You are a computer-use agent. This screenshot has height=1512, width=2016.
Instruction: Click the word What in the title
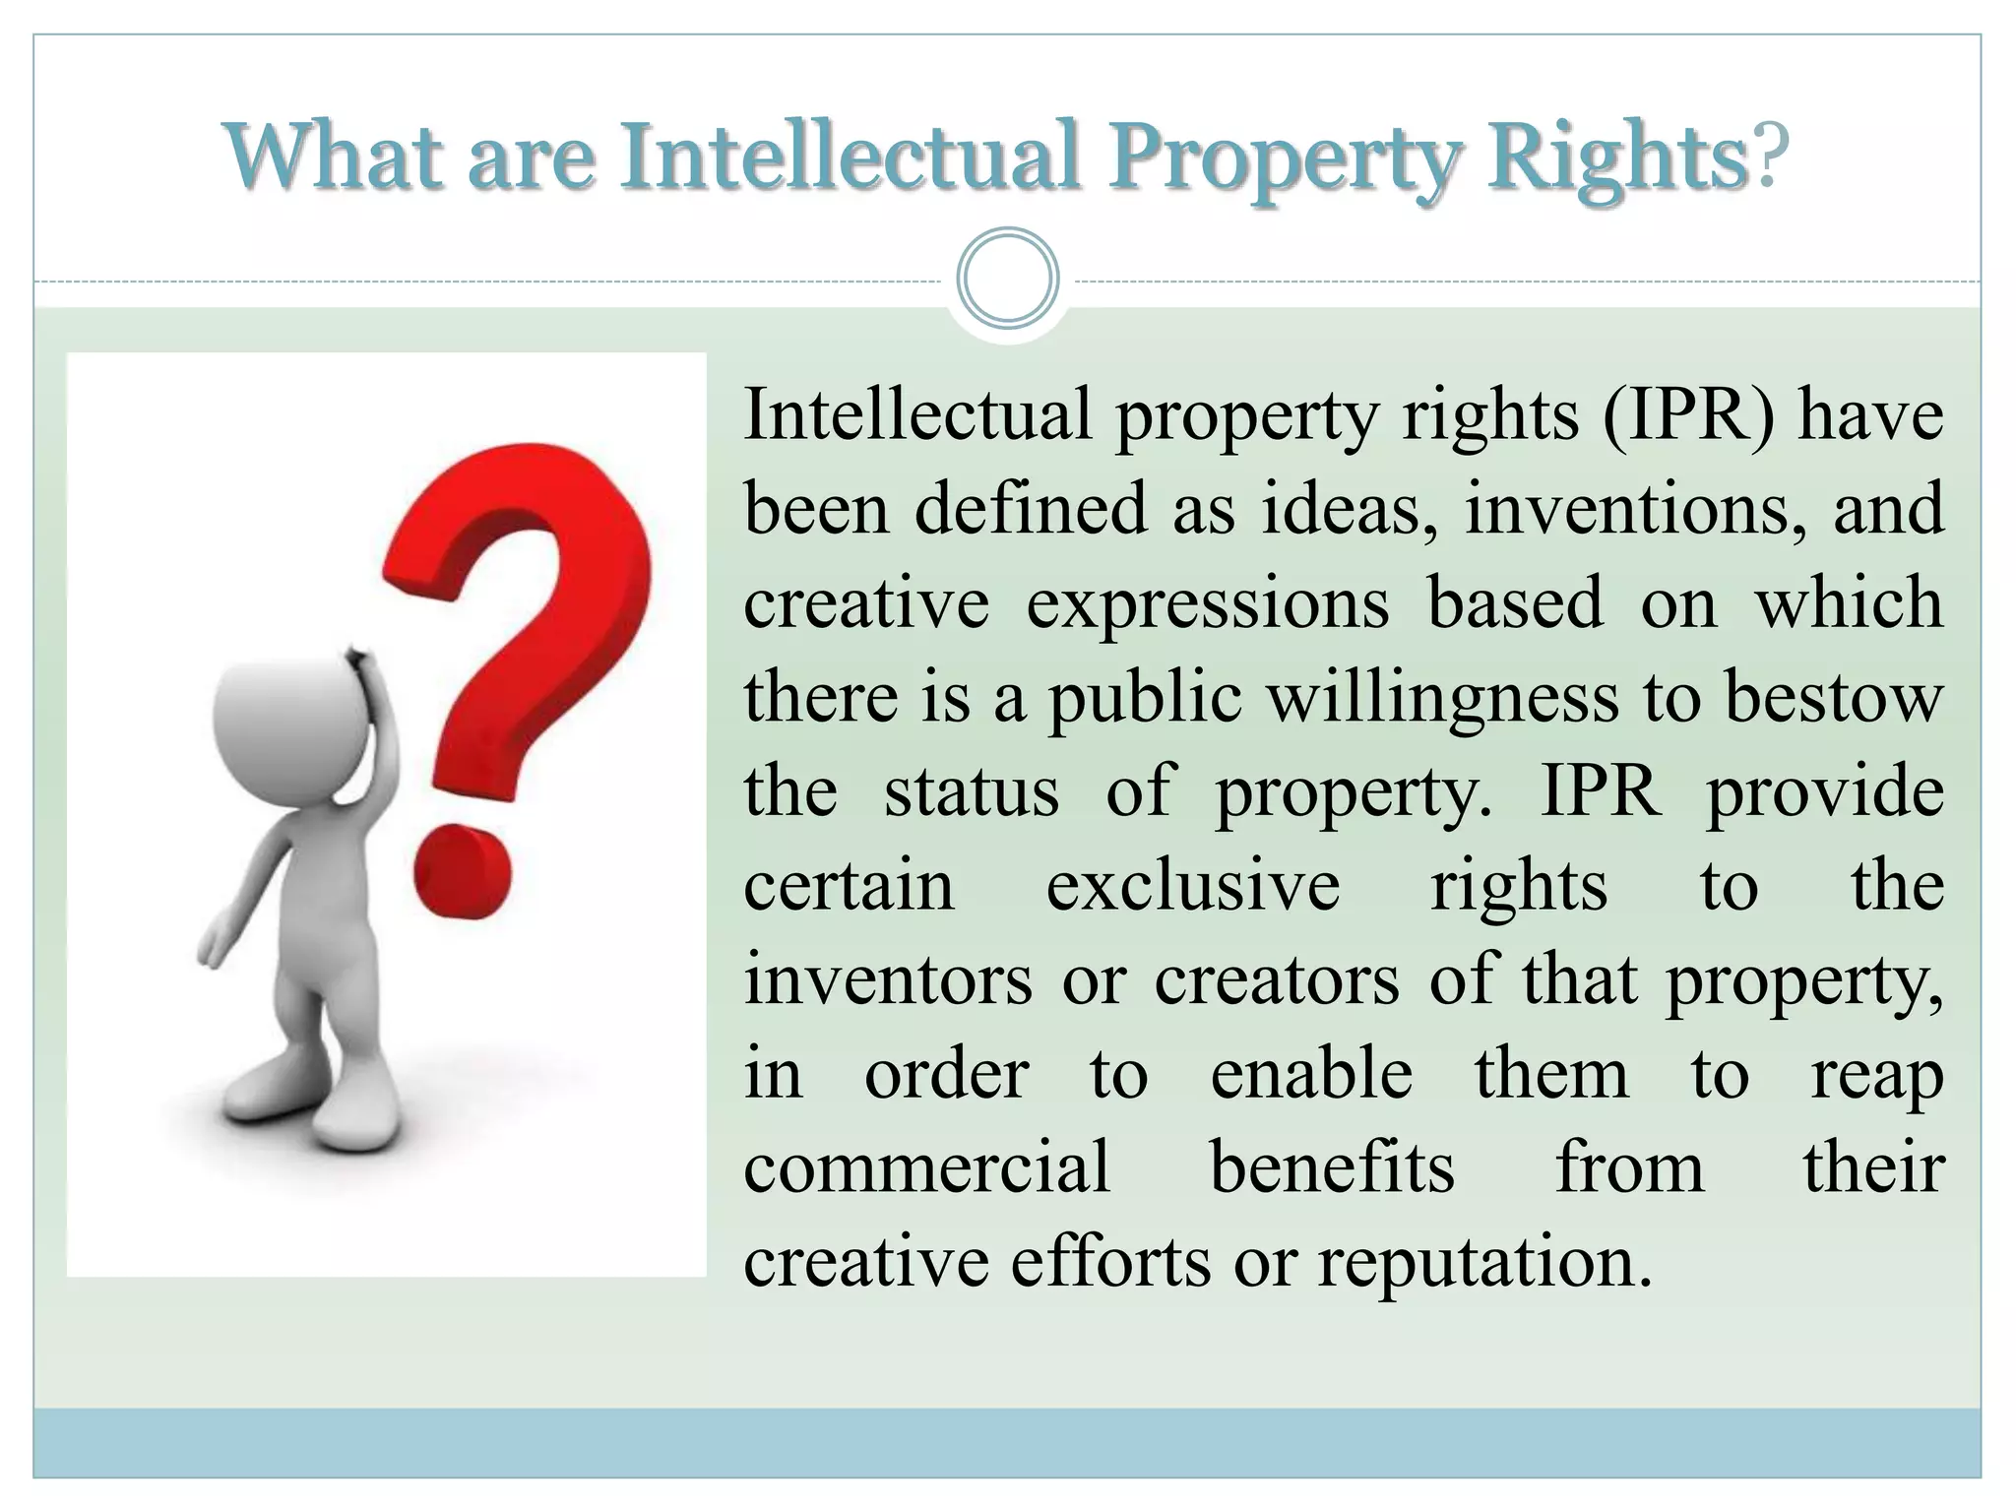coord(332,157)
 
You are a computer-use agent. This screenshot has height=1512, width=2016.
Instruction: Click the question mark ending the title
coord(1769,157)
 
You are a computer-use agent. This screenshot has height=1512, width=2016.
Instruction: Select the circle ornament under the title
coord(1007,279)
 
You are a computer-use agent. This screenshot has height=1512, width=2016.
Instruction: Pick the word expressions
coord(1208,603)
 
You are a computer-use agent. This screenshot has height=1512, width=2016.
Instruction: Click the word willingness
coord(1442,698)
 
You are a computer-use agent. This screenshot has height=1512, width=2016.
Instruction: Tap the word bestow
coord(1834,698)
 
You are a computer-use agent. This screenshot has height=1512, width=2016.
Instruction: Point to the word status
coord(971,791)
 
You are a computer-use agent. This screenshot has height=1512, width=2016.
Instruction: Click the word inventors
coord(888,980)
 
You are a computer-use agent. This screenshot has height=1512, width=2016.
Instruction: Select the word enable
coord(1311,1074)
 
